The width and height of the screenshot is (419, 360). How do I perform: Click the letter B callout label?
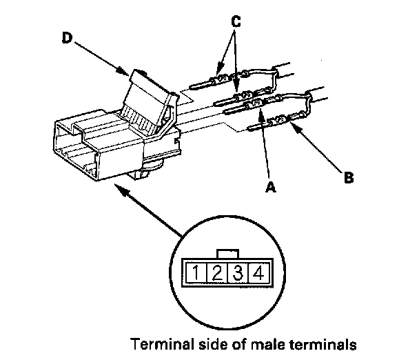coord(349,177)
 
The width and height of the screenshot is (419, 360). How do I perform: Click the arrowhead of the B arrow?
coord(292,126)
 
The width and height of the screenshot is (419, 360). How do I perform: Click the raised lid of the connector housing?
coord(148,97)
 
